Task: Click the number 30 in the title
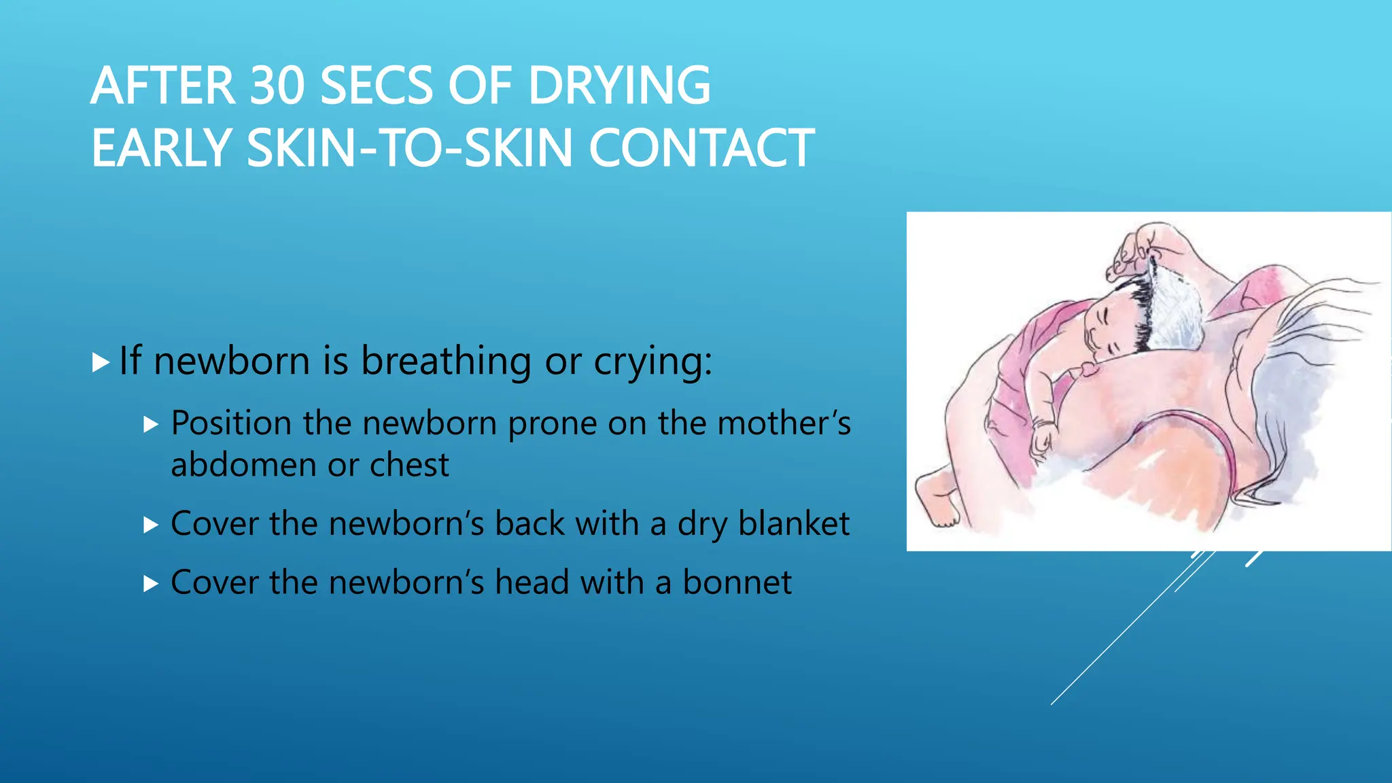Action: click(277, 86)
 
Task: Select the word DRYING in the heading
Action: click(619, 86)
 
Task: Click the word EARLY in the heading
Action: click(162, 148)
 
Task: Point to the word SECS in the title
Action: click(376, 86)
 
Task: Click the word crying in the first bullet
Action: click(652, 361)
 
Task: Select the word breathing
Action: click(446, 361)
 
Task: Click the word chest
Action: click(409, 466)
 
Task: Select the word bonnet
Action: click(737, 582)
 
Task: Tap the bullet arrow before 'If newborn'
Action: click(101, 362)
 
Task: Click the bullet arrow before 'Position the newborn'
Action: click(151, 425)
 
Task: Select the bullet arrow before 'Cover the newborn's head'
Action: click(151, 584)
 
